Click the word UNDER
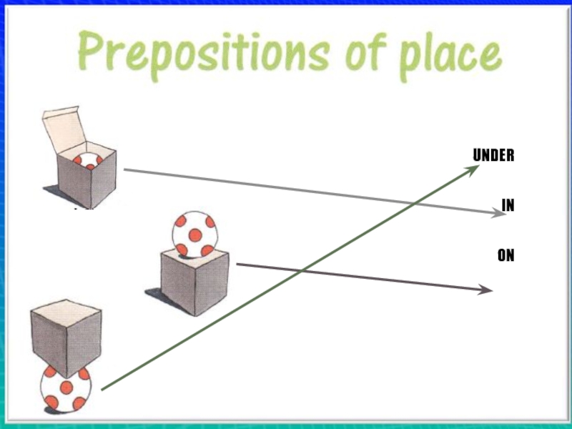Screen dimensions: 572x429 point(493,155)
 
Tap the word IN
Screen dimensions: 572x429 point(508,205)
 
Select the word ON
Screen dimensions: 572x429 point(506,255)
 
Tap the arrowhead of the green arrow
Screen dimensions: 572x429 point(473,169)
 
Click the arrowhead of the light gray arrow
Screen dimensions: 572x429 point(500,212)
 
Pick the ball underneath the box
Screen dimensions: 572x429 point(65,388)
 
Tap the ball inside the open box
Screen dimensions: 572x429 point(88,161)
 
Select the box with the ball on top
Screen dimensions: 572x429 point(194,281)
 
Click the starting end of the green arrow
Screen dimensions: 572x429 point(103,389)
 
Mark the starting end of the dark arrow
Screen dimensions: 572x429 point(237,265)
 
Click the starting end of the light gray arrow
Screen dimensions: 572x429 point(125,169)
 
